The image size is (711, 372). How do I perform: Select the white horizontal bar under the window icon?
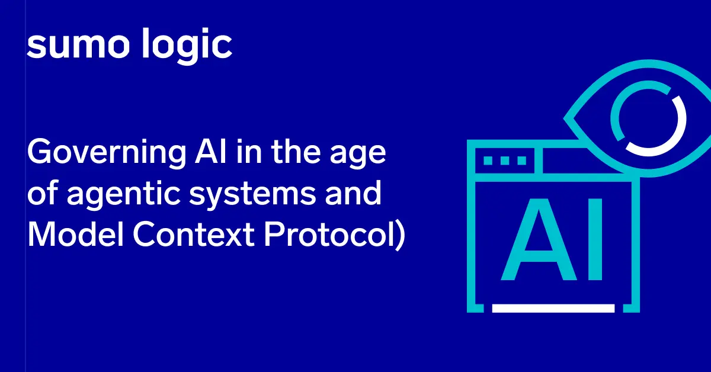tap(553, 308)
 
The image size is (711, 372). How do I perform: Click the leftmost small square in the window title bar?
tap(489, 160)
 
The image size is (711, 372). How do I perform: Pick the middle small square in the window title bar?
tap(505, 160)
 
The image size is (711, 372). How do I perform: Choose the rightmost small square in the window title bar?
tap(521, 160)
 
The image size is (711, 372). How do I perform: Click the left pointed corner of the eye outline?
tap(566, 120)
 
